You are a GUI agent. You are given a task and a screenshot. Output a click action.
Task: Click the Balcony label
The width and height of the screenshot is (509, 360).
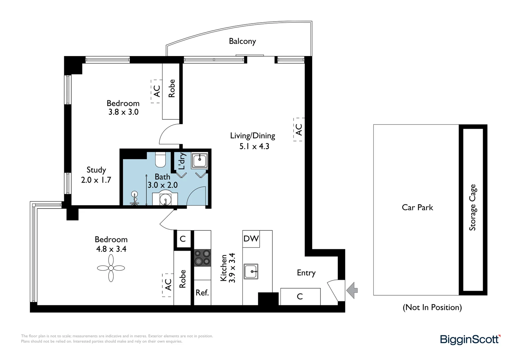[242, 41]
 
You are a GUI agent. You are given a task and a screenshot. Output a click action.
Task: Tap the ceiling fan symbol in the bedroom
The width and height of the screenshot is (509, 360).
[111, 268]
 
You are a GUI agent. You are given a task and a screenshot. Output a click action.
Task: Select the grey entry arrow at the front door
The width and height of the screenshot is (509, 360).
[352, 290]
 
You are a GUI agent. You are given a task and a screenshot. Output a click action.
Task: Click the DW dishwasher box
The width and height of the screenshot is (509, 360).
[251, 239]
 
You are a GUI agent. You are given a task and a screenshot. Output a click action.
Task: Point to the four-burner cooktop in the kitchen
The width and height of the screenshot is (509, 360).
[203, 258]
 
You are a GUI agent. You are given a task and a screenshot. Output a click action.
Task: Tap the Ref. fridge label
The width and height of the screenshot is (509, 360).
[202, 293]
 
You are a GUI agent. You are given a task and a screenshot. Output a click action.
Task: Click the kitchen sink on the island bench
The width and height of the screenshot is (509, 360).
[251, 271]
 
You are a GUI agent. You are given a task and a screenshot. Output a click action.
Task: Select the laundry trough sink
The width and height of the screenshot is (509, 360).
[200, 160]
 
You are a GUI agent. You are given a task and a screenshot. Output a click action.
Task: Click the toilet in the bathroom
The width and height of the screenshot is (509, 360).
[161, 160]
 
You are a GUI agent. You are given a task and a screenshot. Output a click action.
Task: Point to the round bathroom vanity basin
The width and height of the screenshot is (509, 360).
[165, 200]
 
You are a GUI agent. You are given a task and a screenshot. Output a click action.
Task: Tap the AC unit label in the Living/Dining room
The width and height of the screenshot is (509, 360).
[299, 130]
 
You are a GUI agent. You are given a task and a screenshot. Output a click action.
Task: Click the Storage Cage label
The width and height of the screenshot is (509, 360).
[472, 207]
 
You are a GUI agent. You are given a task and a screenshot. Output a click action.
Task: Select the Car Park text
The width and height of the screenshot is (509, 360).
[417, 207]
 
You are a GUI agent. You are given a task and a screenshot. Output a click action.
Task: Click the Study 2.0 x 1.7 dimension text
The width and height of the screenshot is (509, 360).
[96, 180]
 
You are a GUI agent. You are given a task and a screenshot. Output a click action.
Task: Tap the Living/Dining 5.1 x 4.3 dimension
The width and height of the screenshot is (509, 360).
[254, 146]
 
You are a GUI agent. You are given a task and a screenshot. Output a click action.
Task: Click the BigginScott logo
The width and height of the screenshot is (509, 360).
[470, 339]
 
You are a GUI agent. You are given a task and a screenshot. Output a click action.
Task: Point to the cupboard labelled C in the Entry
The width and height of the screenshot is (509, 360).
[300, 296]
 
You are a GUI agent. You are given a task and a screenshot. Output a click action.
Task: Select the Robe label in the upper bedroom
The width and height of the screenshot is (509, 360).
[172, 88]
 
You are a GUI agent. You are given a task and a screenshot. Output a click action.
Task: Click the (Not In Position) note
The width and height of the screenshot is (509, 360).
[432, 307]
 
